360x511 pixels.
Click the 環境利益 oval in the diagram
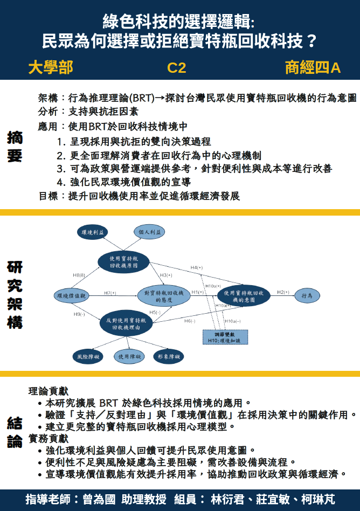click(x=93, y=232)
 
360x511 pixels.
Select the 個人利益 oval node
click(x=149, y=232)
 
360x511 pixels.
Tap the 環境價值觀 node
click(x=71, y=295)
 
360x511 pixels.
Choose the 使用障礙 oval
click(x=129, y=356)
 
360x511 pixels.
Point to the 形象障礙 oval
click(x=168, y=356)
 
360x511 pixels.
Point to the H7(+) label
click(x=110, y=293)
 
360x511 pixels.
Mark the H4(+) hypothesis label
click(x=196, y=268)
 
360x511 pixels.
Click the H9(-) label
click(x=79, y=314)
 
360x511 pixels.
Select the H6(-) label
click(x=189, y=321)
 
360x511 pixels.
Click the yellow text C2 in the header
click(x=177, y=68)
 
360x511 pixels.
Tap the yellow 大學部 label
click(x=50, y=68)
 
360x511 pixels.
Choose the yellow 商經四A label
click(x=313, y=68)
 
